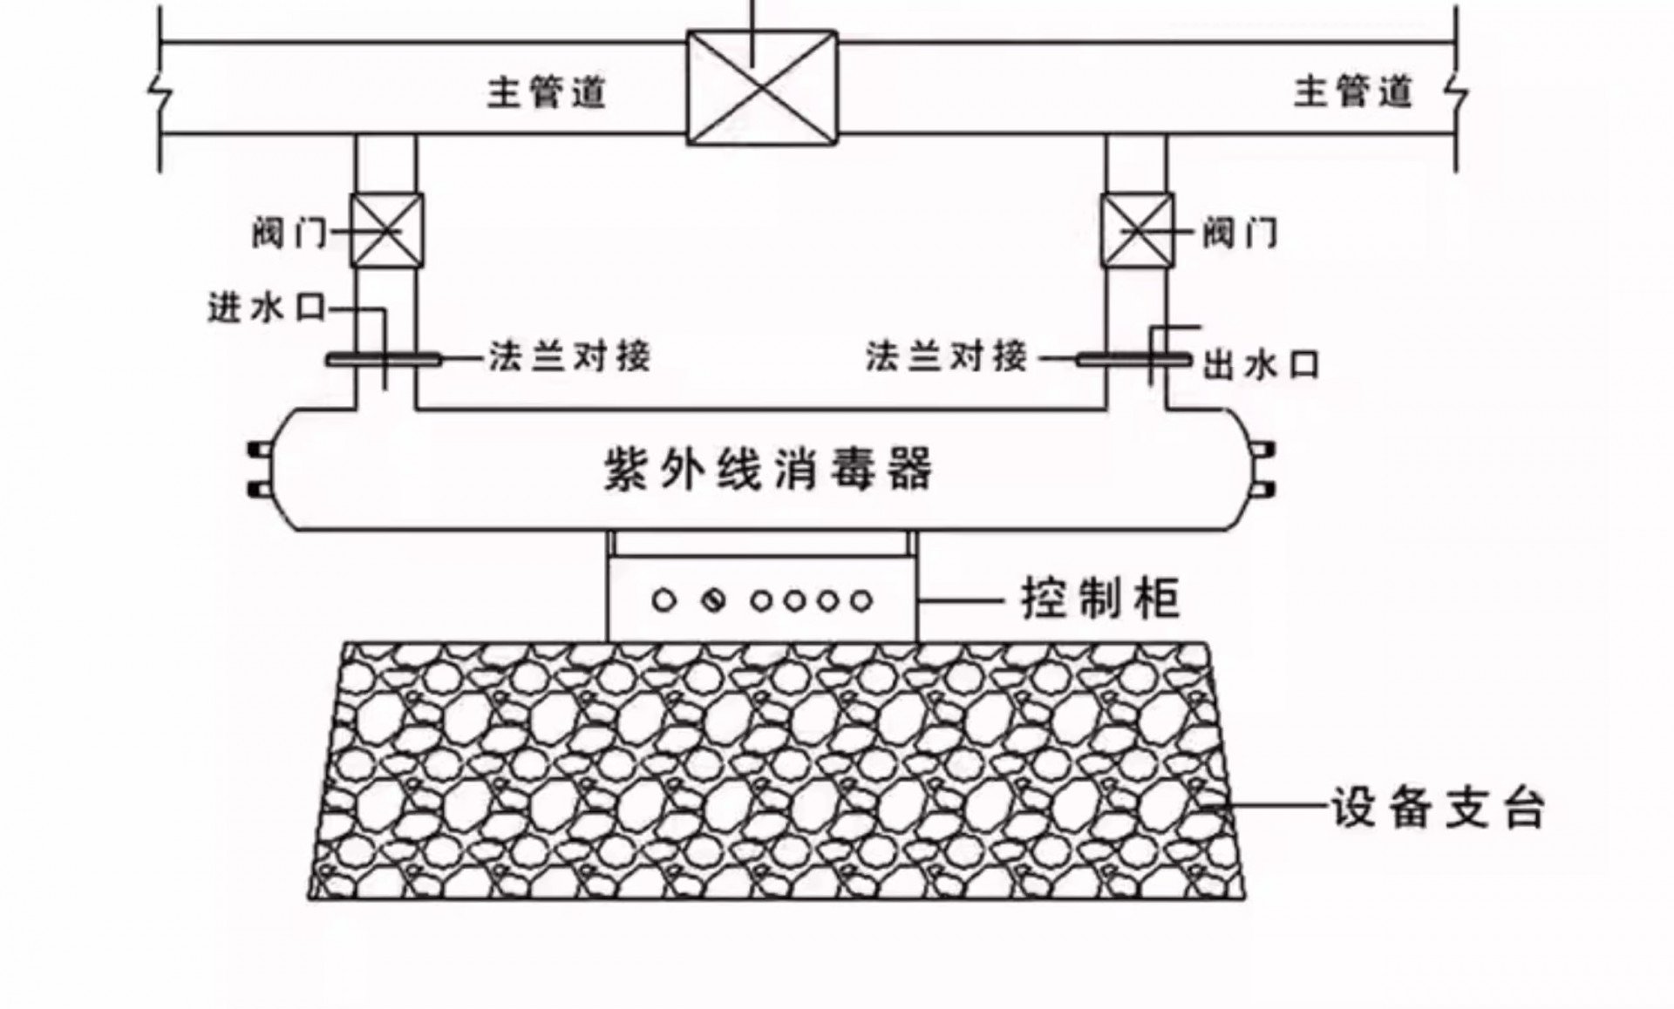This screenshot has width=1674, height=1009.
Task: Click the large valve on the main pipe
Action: tap(762, 87)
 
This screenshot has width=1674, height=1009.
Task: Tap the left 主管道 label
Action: tap(546, 91)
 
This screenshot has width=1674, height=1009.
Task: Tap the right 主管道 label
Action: tap(1352, 91)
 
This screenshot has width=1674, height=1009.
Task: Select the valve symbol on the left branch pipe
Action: tap(386, 231)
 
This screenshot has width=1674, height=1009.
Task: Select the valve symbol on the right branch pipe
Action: tap(1138, 231)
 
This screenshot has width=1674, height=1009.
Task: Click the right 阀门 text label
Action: tap(1240, 234)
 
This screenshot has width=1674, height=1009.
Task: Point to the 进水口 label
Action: tap(267, 308)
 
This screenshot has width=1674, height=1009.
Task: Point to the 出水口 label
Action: tap(1261, 365)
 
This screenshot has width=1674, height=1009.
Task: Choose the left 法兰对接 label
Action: tap(569, 356)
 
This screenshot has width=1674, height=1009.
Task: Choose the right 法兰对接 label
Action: tap(947, 356)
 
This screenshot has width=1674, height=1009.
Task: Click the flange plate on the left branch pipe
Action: tap(384, 359)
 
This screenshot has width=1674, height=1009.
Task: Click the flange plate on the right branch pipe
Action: tap(1133, 359)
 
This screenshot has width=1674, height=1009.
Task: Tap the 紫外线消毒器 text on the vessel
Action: tap(768, 470)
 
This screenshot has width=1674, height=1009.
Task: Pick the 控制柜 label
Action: tap(1100, 599)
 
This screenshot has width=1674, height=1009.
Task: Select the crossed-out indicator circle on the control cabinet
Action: tap(714, 600)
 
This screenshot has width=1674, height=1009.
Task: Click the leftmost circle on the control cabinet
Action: tap(663, 600)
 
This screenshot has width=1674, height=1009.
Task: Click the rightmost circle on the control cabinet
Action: tap(861, 600)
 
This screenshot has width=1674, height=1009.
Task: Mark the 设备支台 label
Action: tap(1437, 808)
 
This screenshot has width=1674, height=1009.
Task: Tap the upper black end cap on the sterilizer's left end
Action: tap(260, 450)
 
